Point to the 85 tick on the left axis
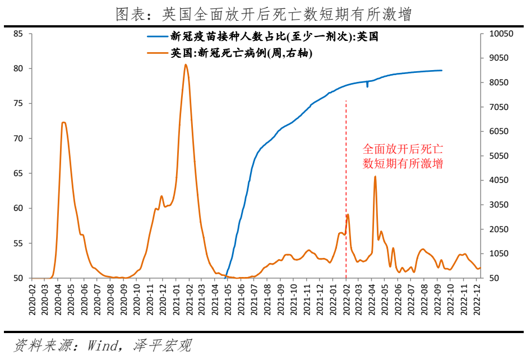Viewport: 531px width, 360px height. [18, 34]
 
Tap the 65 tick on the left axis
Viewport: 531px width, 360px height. [18, 173]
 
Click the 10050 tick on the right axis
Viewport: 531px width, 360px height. [501, 34]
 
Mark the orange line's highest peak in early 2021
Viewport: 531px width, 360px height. [186, 64]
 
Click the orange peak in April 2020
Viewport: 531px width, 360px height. [63, 122]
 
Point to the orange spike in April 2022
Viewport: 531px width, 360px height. [375, 177]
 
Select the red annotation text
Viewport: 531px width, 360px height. [403, 156]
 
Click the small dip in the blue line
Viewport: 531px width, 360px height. [367, 86]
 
